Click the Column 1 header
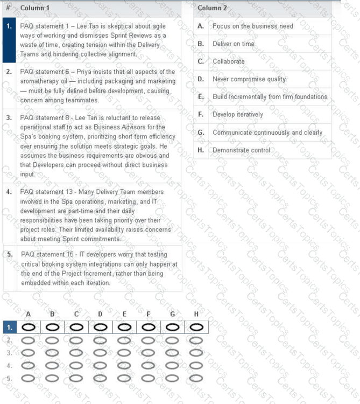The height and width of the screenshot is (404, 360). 35,8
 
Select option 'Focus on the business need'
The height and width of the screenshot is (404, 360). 253,26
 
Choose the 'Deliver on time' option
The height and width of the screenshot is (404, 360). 234,44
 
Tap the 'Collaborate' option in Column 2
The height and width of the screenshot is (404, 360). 229,61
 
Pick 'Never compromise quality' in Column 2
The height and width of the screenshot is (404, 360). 249,79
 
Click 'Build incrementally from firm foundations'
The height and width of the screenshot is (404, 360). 270,97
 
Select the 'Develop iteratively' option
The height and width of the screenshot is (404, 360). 238,115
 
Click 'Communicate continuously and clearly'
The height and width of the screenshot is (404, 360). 267,133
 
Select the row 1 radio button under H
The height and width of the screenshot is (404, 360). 196,327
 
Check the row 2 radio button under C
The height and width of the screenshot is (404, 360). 76,340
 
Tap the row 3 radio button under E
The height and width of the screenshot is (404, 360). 124,353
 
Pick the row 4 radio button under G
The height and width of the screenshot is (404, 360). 172,366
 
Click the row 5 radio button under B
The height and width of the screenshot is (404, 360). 52,378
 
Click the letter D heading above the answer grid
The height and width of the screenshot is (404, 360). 100,314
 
